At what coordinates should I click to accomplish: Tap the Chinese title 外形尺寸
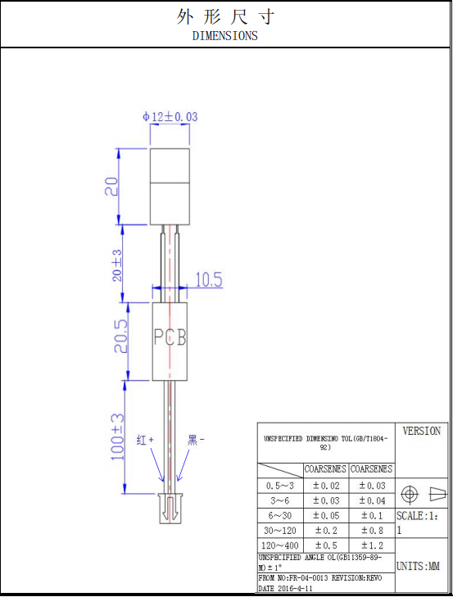[x=225, y=16]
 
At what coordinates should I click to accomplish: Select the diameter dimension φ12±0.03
[x=170, y=117]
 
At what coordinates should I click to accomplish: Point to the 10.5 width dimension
[x=208, y=280]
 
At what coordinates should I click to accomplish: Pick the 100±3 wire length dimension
[x=118, y=436]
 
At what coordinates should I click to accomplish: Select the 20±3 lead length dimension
[x=117, y=265]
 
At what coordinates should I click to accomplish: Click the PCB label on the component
[x=170, y=337]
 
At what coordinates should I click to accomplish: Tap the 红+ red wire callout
[x=145, y=440]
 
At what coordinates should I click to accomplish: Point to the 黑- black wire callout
[x=197, y=440]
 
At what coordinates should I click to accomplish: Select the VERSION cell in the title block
[x=421, y=431]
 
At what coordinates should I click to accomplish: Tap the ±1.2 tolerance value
[x=371, y=545]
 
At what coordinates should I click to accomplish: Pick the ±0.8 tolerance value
[x=371, y=530]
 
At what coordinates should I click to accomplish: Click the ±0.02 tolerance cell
[x=325, y=485]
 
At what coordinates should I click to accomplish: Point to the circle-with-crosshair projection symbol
[x=410, y=494]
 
